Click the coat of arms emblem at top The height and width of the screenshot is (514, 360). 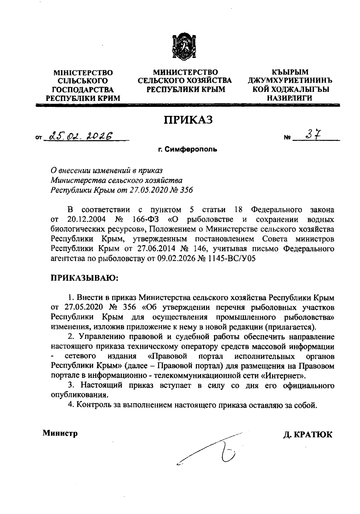point(184,48)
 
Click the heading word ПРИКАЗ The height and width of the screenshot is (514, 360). point(188,120)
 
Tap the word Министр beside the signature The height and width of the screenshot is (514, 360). point(60,433)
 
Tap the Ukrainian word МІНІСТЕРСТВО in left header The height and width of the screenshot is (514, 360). point(83,73)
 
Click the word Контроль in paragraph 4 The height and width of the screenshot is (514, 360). point(90,405)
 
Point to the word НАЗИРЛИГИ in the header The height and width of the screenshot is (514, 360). point(289,98)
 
